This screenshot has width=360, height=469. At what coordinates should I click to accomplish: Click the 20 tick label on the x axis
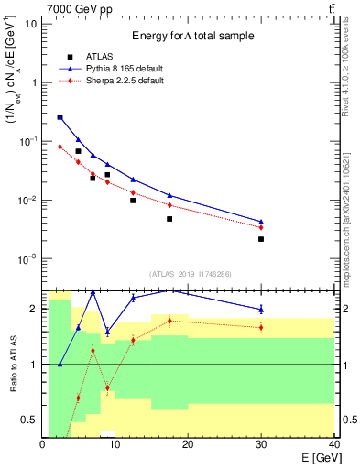coord(189,444)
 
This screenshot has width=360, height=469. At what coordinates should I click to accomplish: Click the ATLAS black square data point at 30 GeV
coord(261,239)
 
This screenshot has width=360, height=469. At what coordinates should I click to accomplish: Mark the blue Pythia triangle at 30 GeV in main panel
coord(261,222)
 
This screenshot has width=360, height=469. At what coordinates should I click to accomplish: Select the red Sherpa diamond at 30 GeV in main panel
coord(261,227)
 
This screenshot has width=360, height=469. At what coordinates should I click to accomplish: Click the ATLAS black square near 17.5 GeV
coord(169,219)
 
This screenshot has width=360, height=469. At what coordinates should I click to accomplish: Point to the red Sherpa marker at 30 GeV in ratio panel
coord(261,327)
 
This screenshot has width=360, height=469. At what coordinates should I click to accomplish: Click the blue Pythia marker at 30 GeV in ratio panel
coord(261,309)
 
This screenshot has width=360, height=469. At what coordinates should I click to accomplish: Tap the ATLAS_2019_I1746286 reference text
coord(189,273)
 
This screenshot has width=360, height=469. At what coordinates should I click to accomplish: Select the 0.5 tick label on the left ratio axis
coord(29,420)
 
